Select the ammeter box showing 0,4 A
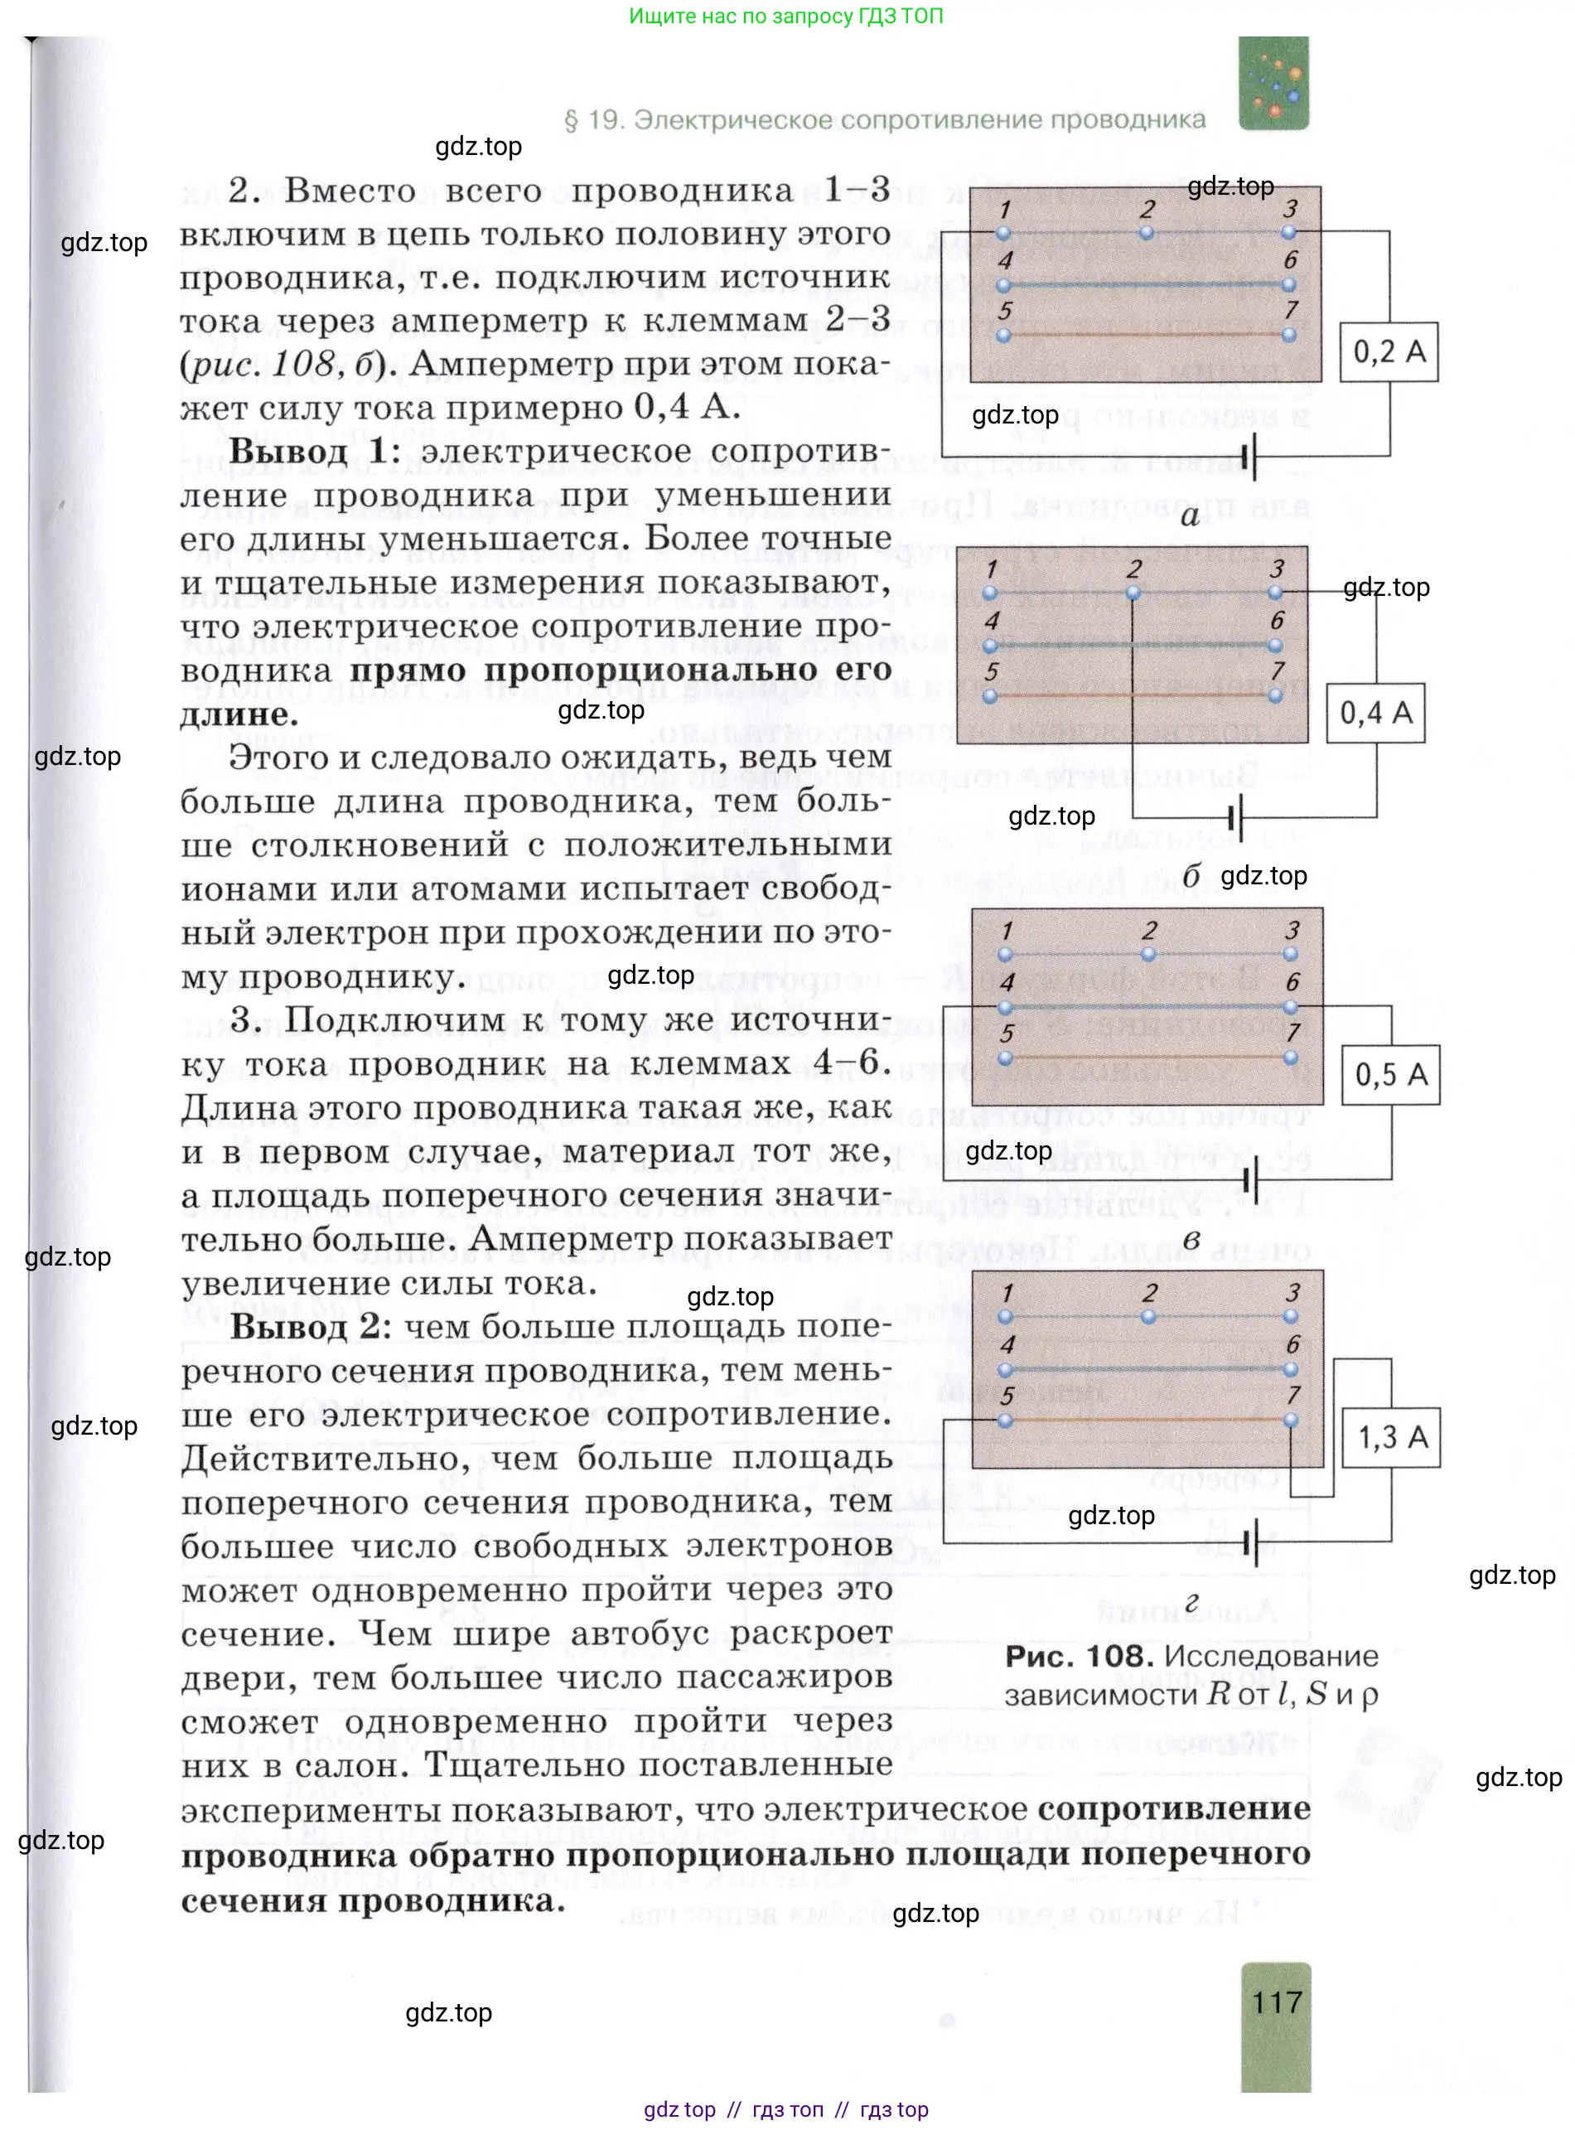coord(1375,714)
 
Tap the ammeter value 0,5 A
coord(1390,1075)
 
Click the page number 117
coord(1276,2002)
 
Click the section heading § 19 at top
coord(884,120)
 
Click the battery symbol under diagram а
coord(1250,457)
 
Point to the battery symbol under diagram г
coord(1251,1542)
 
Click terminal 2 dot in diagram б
coord(1133,593)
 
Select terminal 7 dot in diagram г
coord(1291,1421)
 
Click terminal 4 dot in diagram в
coord(1005,1006)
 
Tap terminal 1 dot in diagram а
coord(1003,233)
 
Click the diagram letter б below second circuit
coord(1191,876)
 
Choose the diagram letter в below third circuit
coord(1191,1240)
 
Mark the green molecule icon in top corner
coord(1273,84)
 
